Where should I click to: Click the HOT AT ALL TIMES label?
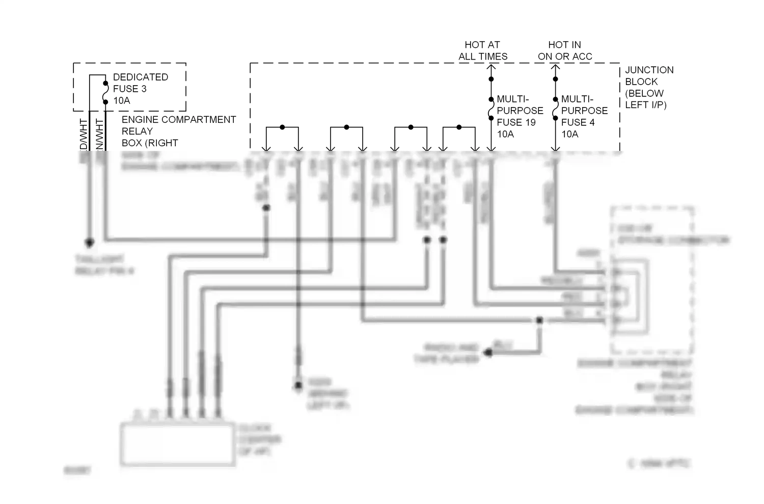(x=483, y=50)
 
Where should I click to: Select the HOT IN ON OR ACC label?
(x=565, y=50)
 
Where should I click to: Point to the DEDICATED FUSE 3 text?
(x=140, y=83)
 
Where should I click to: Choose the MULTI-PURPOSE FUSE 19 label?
(x=520, y=111)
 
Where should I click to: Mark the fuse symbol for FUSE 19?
(x=491, y=109)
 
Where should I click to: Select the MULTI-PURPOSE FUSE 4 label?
(x=584, y=111)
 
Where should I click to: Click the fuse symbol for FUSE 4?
(x=555, y=109)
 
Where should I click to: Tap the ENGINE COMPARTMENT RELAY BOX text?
(x=178, y=131)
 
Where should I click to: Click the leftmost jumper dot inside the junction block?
(x=282, y=127)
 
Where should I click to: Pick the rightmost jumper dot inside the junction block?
(x=459, y=127)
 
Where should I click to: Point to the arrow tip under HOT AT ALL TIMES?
(x=491, y=66)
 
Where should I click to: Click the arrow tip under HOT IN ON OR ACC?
(x=555, y=66)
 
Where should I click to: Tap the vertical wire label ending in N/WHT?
(x=99, y=135)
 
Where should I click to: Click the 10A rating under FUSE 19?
(x=505, y=134)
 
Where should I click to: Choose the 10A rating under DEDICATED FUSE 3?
(x=122, y=100)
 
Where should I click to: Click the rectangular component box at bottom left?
(x=178, y=444)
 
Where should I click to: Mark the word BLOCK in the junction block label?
(x=641, y=82)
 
